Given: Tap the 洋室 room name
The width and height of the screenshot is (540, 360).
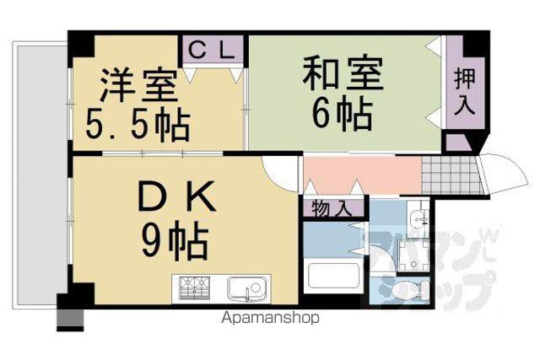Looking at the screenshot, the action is [x=138, y=85].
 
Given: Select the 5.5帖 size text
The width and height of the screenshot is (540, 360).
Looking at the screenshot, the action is [x=138, y=125].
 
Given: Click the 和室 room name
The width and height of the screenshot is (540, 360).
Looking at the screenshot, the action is [x=343, y=73].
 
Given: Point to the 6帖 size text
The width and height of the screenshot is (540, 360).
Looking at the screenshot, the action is [x=343, y=113].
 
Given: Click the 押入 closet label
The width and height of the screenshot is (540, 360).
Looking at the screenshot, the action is [x=465, y=91].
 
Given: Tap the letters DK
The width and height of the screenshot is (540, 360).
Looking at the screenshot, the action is [x=176, y=197].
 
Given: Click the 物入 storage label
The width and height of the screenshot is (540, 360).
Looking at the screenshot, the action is [x=332, y=208].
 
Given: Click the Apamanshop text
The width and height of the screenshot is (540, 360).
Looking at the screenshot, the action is [x=270, y=318].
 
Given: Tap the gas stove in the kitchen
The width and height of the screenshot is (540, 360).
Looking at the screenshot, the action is [x=195, y=288].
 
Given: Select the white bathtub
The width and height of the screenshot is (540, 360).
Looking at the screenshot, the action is [x=334, y=276].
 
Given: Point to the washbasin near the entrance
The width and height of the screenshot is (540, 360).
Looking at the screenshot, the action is [x=418, y=218].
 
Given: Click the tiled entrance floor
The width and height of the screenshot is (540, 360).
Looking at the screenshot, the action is [x=451, y=175].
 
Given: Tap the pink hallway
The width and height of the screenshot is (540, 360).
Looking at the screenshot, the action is [x=362, y=175].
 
